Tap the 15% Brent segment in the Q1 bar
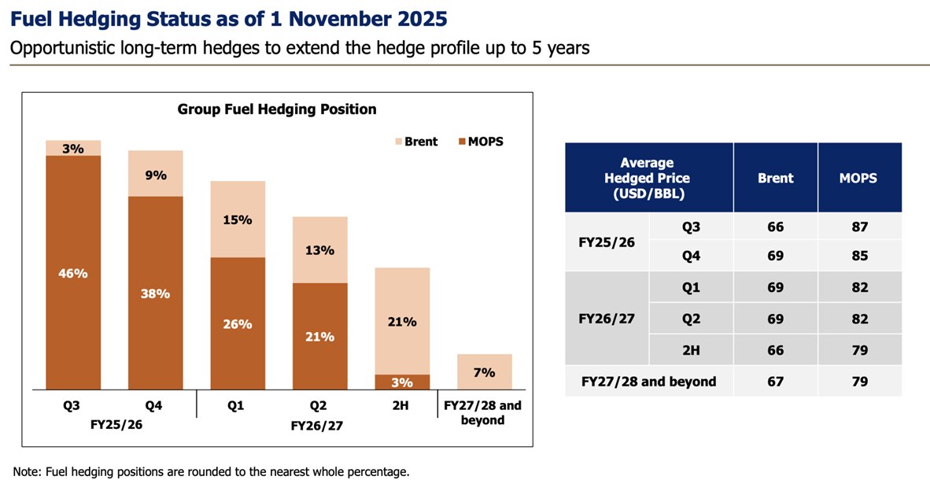tap(238, 219)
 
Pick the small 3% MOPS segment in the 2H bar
tap(402, 382)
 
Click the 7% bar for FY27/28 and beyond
tap(485, 371)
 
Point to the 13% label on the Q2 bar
tap(320, 250)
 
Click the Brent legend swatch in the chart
tap(398, 142)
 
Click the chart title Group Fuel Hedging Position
tap(277, 109)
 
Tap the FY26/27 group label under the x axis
tap(317, 426)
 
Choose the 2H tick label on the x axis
tap(402, 407)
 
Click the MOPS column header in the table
tap(858, 178)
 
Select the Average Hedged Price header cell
tap(648, 178)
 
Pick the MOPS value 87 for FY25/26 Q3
tap(859, 227)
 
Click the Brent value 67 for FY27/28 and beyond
tap(775, 382)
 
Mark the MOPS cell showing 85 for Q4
tap(859, 255)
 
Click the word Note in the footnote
tap(27, 471)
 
